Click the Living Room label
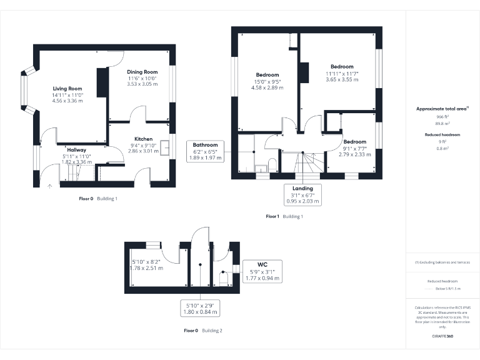click(67, 89)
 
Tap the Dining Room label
click(142, 72)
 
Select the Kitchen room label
click(143, 139)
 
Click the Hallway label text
click(76, 150)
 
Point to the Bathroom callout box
click(205, 151)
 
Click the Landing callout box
click(302, 194)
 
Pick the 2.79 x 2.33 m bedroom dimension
click(354, 154)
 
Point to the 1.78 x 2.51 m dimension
click(147, 268)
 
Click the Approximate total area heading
click(442, 109)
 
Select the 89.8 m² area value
click(442, 124)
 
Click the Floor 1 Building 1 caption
click(284, 216)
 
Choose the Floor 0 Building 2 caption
click(203, 330)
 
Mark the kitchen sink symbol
click(166, 147)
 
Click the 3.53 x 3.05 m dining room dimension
click(142, 84)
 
